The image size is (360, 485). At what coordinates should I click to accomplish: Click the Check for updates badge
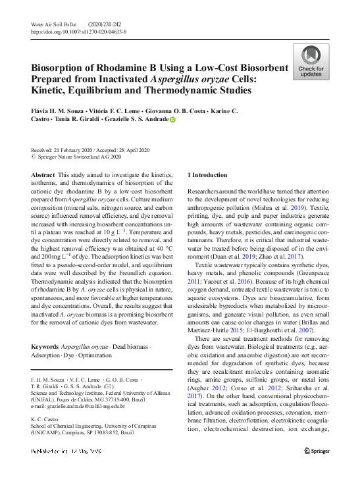tap(311, 62)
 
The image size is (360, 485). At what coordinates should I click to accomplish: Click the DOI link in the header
tap(79, 31)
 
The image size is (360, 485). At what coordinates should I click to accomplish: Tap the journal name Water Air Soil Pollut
tap(55, 24)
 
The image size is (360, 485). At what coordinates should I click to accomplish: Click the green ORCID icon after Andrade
tap(173, 120)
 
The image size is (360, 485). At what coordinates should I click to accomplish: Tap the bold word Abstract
tap(43, 175)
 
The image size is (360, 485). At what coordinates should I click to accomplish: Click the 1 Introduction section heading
tap(207, 175)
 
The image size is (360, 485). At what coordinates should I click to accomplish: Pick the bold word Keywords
tap(45, 346)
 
